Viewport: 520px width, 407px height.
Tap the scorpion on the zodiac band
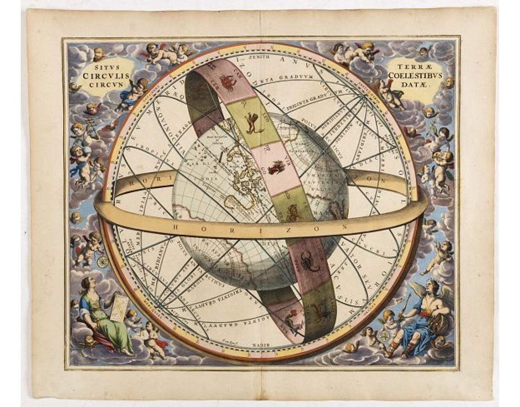pyautogui.click(x=311, y=262)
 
